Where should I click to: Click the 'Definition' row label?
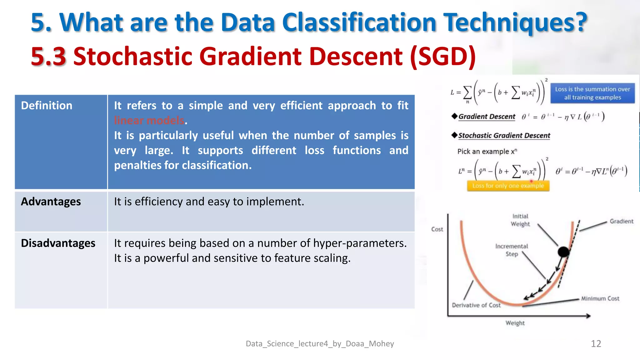[47, 106]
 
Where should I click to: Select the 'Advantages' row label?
[51, 202]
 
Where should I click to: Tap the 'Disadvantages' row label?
[58, 243]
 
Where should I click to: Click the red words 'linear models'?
[149, 120]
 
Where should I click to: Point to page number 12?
[596, 343]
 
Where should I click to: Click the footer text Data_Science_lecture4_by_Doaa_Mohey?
[320, 343]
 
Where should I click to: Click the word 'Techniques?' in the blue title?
[516, 22]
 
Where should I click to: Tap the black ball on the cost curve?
[563, 252]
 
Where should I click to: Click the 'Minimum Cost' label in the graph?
[600, 298]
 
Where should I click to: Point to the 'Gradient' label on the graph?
[621, 221]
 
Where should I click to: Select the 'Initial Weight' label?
[520, 220]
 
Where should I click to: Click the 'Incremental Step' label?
[512, 250]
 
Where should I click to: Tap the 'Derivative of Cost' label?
[476, 305]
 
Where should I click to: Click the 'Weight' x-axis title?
[515, 323]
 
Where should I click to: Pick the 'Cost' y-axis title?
[437, 229]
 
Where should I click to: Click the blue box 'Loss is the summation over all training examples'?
[592, 93]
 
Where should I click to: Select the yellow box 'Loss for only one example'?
[508, 186]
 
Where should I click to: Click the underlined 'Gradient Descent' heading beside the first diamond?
[487, 117]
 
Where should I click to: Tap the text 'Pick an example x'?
[487, 152]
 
